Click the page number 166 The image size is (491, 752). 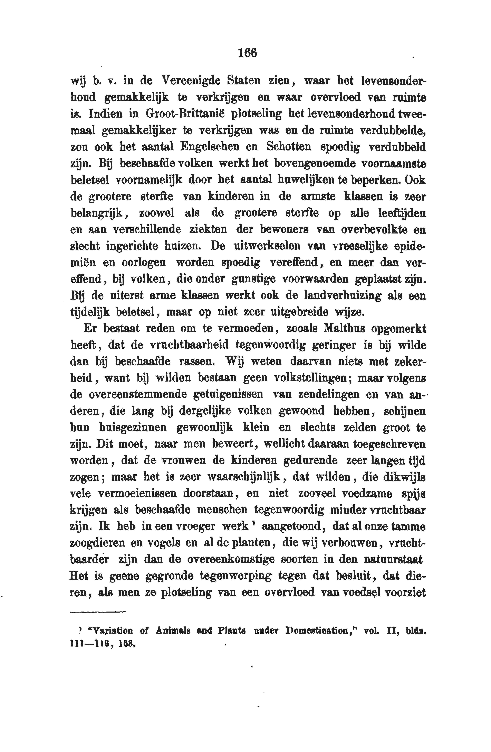[247, 53]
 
